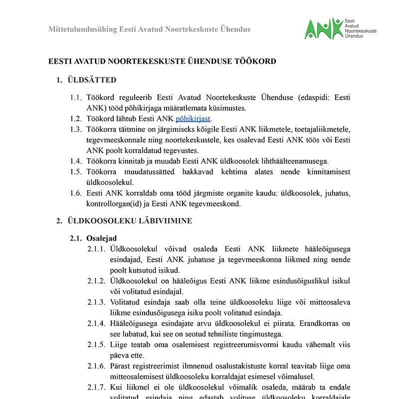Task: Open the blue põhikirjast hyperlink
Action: [x=193, y=118]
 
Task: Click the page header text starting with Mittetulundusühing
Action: [x=149, y=29]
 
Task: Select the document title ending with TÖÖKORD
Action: [x=162, y=61]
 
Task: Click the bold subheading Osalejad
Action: [x=101, y=238]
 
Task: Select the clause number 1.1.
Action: [x=76, y=97]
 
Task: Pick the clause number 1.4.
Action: [x=76, y=161]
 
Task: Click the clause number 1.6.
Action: [x=76, y=193]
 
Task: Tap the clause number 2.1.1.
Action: [x=96, y=249]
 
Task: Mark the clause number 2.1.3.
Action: [x=96, y=302]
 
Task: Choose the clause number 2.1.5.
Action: [x=96, y=345]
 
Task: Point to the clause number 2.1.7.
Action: [x=96, y=387]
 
